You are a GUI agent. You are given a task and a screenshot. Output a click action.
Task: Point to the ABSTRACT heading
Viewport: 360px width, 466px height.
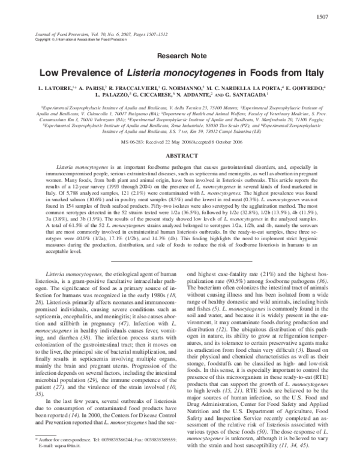(180, 153)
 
